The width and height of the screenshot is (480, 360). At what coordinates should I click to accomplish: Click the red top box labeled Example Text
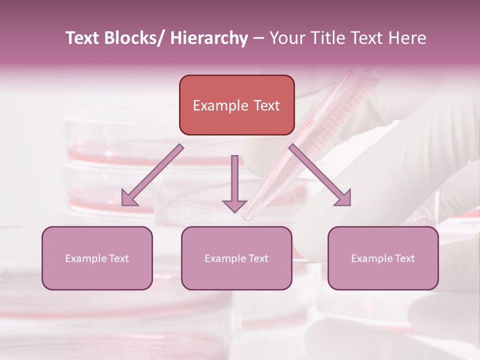pyautogui.click(x=236, y=105)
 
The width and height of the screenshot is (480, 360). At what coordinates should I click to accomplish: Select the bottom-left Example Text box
pyautogui.click(x=97, y=258)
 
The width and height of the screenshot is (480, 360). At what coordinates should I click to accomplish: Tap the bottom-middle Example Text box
pyautogui.click(x=236, y=258)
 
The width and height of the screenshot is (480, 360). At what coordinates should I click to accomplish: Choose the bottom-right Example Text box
pyautogui.click(x=383, y=258)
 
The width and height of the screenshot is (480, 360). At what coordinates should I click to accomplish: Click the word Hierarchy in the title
pyautogui.click(x=209, y=38)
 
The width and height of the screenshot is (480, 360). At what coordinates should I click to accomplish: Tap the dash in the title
pyautogui.click(x=258, y=38)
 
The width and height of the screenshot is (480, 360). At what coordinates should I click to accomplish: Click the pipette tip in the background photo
pyautogui.click(x=246, y=217)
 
